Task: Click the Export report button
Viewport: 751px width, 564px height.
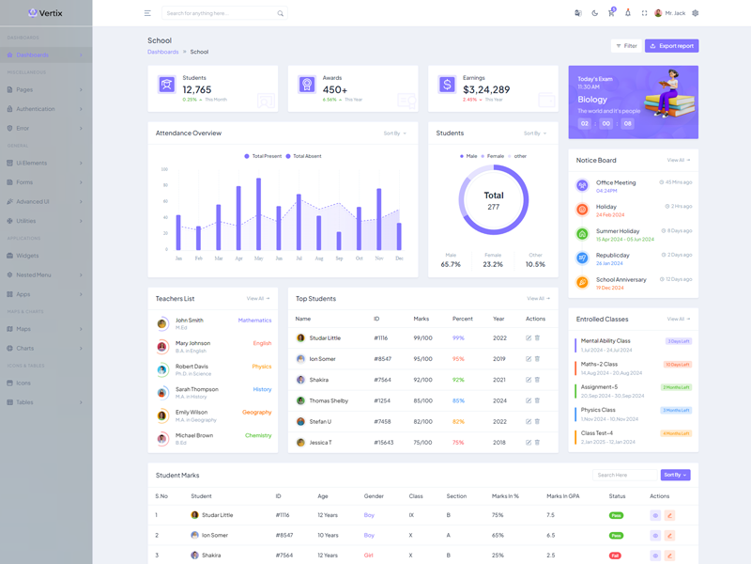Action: point(671,45)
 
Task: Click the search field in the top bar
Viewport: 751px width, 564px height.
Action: point(221,13)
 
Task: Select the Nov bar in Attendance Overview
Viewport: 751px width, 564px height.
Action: point(379,218)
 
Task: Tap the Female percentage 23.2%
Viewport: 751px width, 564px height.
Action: point(493,264)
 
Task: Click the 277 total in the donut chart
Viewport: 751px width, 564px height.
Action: point(494,207)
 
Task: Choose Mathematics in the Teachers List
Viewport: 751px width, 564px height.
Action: point(254,321)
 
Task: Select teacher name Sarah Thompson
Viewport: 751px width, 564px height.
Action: point(197,389)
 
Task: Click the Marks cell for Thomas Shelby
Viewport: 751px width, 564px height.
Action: point(422,400)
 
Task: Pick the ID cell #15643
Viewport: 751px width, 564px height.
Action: point(383,442)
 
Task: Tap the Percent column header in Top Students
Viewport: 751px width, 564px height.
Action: point(463,319)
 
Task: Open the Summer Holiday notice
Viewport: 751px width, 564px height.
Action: point(618,231)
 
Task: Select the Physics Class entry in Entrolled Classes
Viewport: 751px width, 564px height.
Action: point(598,410)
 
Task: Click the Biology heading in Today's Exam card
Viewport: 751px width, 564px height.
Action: point(592,99)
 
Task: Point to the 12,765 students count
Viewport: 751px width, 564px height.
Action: point(197,89)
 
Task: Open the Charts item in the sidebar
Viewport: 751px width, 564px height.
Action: point(25,348)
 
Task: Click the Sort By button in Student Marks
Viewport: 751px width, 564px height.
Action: point(675,475)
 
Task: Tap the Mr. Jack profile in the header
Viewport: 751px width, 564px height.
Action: point(670,13)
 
